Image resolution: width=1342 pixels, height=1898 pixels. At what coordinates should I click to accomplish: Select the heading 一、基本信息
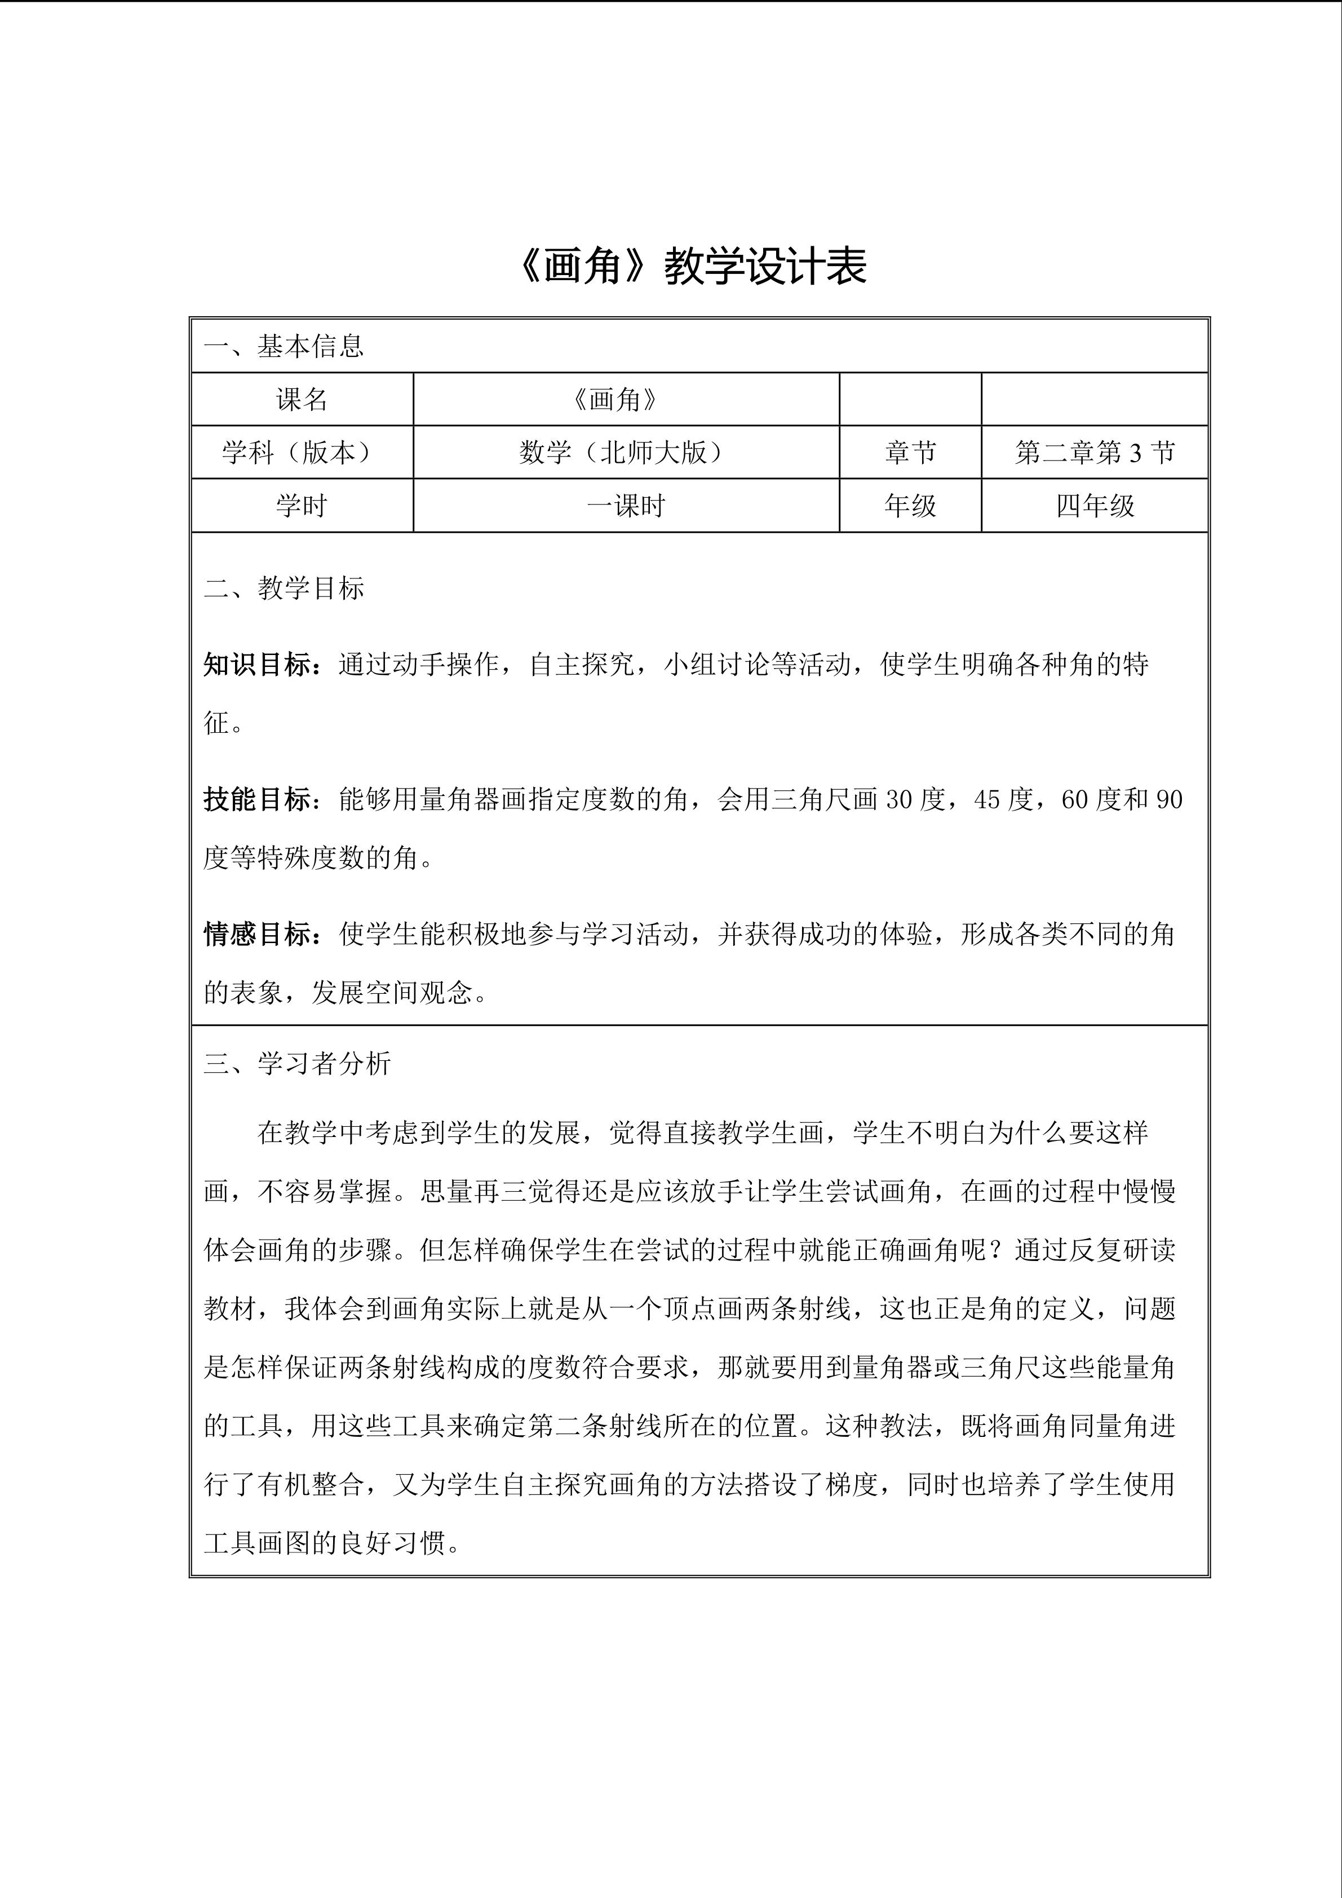(x=284, y=346)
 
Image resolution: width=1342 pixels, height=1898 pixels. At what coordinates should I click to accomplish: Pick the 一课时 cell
(x=626, y=506)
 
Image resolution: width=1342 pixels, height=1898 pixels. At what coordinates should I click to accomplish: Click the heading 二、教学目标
(x=284, y=589)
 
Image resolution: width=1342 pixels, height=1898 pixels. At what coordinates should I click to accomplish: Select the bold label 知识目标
(x=258, y=665)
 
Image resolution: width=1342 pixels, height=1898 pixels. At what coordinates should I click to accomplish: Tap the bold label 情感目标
(x=258, y=934)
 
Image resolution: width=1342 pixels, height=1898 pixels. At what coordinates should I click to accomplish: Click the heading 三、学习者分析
(x=296, y=1064)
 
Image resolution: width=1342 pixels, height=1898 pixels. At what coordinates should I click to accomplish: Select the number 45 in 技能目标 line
(x=988, y=800)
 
